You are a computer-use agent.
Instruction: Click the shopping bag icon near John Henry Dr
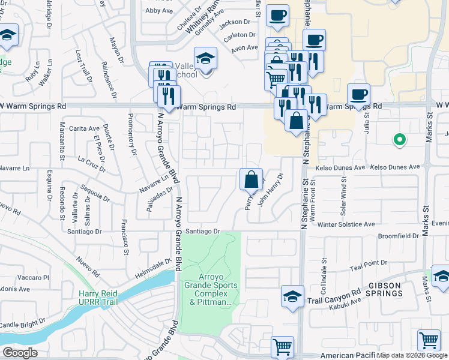coord(251,178)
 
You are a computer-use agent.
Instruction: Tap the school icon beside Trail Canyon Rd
coord(292,296)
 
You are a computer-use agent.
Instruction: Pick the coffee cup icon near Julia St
coord(358,95)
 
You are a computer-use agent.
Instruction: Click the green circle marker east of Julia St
coord(398,140)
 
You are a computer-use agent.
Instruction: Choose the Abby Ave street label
coord(159,10)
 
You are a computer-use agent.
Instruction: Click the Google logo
coord(19,353)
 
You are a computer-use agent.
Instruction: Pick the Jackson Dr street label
coord(234,23)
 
